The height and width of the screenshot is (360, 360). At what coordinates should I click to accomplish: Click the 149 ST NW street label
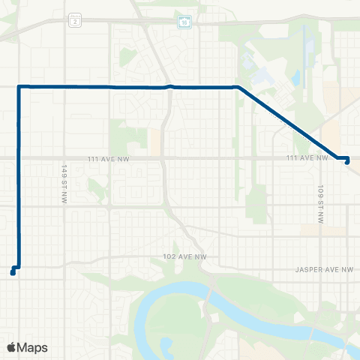tap(65, 178)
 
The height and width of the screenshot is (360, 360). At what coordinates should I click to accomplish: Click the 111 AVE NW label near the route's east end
tap(307, 157)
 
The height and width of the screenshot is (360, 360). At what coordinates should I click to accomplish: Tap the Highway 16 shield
tap(184, 22)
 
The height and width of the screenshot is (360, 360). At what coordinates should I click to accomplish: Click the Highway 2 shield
tap(74, 22)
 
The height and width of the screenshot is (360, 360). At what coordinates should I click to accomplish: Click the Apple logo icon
tap(11, 347)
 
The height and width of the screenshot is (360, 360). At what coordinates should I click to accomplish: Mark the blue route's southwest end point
tap(13, 272)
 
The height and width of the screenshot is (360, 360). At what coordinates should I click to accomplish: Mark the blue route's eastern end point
tap(347, 163)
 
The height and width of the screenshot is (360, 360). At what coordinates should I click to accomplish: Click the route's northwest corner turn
tap(19, 87)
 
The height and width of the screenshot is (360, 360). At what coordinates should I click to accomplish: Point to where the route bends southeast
tap(238, 88)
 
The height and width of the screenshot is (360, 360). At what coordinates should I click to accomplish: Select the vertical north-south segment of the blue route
tap(18, 180)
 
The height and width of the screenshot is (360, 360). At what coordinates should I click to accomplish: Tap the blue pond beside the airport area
tap(297, 76)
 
